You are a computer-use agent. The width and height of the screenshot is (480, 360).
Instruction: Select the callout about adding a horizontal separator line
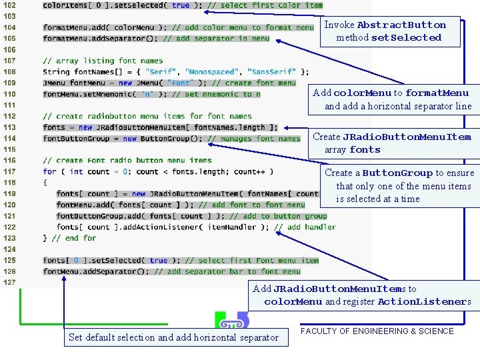pos(393,99)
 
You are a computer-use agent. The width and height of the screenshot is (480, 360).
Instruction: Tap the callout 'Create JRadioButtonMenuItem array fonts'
pos(393,143)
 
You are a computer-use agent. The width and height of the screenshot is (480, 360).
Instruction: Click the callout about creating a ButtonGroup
pos(399,186)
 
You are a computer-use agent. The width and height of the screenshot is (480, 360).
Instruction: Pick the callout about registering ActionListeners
pos(362,295)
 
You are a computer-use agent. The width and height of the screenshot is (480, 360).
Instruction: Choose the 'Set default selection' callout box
pos(174,337)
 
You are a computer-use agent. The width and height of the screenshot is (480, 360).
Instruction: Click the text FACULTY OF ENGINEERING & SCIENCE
pos(377,331)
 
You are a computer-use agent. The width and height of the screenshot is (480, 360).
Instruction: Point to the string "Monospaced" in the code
pos(211,72)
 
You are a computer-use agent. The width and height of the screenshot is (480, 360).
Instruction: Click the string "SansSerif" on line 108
pos(273,72)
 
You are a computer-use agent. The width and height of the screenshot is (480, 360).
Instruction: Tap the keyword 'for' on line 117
pos(49,171)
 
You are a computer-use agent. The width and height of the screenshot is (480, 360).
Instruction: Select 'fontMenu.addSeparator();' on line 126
pos(97,271)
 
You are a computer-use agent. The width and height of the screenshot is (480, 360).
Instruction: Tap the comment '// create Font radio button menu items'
pos(127,161)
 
